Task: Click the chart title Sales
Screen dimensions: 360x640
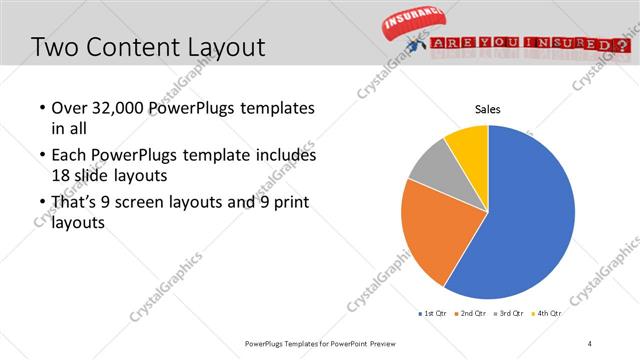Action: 487,110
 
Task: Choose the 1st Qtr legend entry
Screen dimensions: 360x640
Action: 432,313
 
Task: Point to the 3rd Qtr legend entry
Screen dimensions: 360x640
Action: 510,313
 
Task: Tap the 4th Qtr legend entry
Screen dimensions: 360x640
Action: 548,313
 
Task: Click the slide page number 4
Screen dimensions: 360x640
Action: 590,344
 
